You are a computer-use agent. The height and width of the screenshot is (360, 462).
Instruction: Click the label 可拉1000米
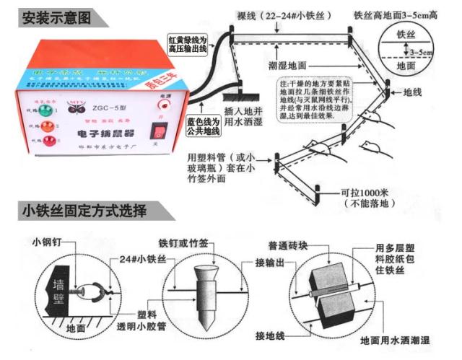[x=364, y=194]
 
